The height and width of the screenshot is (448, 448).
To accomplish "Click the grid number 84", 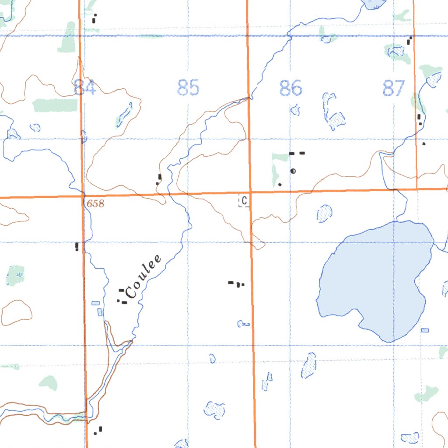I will (x=84, y=87).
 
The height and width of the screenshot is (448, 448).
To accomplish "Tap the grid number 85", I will (x=189, y=87).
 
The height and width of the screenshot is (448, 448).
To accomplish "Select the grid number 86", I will (x=290, y=88).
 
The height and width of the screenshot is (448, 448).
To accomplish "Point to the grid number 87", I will (x=394, y=88).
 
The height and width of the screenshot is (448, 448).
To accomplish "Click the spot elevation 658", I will (x=95, y=203).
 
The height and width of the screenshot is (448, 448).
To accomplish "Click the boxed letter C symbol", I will (x=244, y=201).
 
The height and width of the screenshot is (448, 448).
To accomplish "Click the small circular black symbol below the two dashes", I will (x=293, y=171).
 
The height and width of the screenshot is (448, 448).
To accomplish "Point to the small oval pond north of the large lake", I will (x=324, y=213).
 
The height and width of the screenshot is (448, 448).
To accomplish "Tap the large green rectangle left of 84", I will (x=55, y=105).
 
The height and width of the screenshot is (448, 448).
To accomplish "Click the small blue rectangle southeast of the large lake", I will (x=424, y=330).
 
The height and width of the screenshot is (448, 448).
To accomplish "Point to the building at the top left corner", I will (x=94, y=18).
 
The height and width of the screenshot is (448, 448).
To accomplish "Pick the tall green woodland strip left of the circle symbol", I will (x=276, y=168).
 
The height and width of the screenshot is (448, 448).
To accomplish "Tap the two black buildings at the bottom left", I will (x=98, y=430).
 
